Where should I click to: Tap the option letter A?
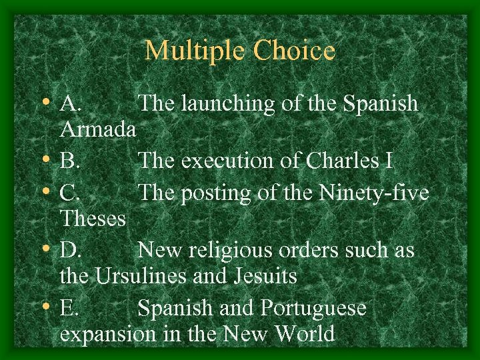click(x=70, y=104)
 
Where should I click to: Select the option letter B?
click(x=69, y=161)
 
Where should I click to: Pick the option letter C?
click(x=69, y=193)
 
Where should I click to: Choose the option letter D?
click(x=70, y=251)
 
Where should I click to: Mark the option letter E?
click(x=69, y=309)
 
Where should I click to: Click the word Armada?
click(x=99, y=129)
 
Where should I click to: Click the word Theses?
click(x=93, y=218)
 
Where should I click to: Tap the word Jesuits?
click(x=267, y=276)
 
